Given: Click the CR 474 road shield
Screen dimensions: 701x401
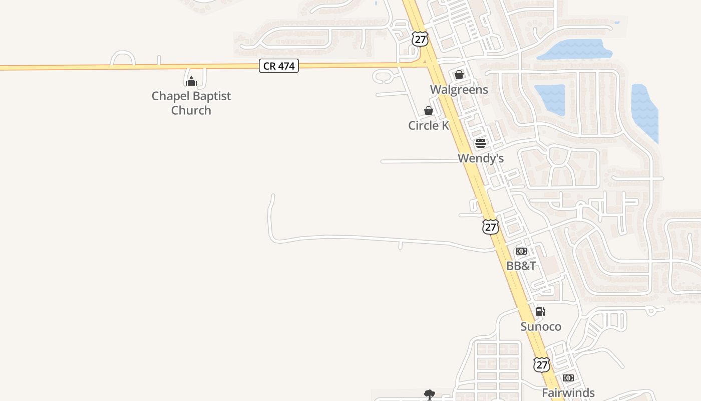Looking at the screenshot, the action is pos(279,66).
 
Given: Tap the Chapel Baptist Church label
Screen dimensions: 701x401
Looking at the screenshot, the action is pos(191,103).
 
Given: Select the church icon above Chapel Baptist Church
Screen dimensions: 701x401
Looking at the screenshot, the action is pos(191,81).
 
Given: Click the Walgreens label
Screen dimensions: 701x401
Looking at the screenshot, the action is pos(459,90).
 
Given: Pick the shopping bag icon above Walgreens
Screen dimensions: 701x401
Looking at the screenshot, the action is pos(459,75).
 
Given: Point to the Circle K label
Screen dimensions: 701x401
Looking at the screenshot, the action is pos(429,126).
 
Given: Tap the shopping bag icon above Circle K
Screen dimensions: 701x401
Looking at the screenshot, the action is pos(429,111).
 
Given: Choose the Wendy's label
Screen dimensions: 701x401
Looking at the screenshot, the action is pos(481,158).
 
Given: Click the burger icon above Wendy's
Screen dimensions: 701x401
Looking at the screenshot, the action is pos(481,143).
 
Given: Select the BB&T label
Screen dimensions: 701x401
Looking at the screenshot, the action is pos(521,266).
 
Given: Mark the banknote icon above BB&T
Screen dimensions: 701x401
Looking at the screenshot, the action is pos(521,251).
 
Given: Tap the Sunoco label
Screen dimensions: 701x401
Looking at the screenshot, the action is pos(541,327).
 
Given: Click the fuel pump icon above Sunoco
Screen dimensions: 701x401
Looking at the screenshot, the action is pos(541,312).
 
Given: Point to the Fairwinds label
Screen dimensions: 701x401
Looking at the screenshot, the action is pos(568,393).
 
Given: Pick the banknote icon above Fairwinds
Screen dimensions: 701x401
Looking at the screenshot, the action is pos(568,378).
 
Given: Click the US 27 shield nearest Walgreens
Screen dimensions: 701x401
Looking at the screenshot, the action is pos(420,39).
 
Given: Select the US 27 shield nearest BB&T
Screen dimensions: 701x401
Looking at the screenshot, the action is pos(491,227).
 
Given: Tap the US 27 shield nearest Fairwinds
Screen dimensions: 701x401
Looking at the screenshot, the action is pos(541,364).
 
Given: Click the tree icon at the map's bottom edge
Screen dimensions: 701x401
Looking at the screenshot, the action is pos(429,395).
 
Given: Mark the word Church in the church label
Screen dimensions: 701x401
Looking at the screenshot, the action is pos(191,110).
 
